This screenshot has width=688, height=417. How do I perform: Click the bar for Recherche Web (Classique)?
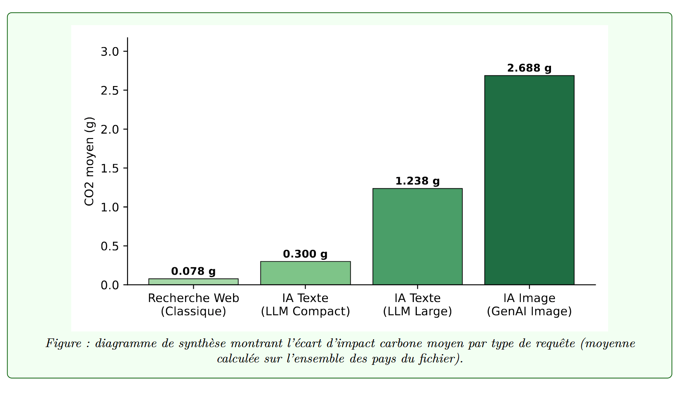click(x=193, y=282)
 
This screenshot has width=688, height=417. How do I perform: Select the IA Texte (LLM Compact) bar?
click(x=306, y=273)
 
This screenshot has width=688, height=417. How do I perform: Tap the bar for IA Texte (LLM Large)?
click(x=417, y=237)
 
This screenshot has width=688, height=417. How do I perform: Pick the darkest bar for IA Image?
click(x=529, y=180)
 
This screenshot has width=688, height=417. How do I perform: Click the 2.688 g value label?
click(x=529, y=68)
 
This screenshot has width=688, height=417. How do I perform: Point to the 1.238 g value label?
click(x=417, y=181)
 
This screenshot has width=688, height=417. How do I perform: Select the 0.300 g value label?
click(x=306, y=254)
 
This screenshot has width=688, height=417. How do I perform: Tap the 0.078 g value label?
click(x=193, y=271)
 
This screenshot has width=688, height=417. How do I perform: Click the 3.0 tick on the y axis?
click(x=110, y=52)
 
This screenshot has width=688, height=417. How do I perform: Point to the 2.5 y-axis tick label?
click(x=110, y=91)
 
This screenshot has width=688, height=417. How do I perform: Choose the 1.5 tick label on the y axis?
click(x=110, y=168)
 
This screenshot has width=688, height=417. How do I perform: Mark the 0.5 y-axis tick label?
click(x=110, y=246)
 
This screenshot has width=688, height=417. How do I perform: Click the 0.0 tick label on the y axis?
click(x=110, y=285)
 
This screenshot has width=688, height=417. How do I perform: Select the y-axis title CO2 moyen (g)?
click(x=89, y=161)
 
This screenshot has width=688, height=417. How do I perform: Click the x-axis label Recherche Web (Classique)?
click(x=193, y=305)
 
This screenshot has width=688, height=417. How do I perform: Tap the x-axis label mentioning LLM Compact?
click(x=306, y=305)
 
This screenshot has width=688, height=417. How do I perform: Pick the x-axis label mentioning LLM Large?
click(x=417, y=305)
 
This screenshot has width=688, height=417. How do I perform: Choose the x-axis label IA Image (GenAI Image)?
click(x=529, y=305)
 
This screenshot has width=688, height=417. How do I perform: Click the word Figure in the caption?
click(x=64, y=343)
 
